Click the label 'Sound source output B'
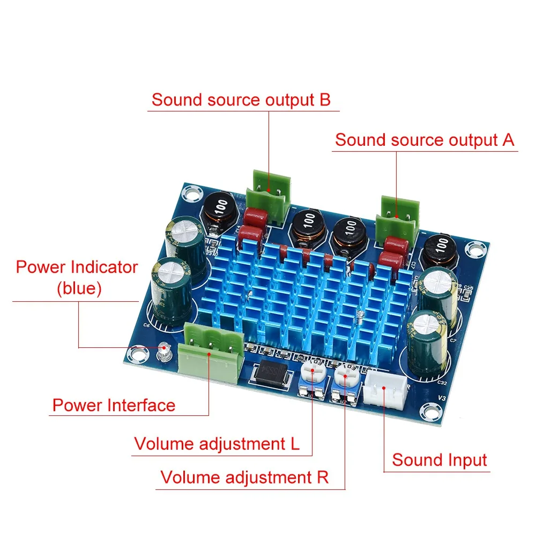pos(241,100)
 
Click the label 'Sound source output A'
pos(425,140)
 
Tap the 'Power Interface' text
pos(114,405)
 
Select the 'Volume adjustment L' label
pos(217,444)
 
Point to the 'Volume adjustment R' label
pos(244,477)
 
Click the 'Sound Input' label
pos(439,460)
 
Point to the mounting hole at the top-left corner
pos(190,191)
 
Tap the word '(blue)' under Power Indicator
pos(79,289)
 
